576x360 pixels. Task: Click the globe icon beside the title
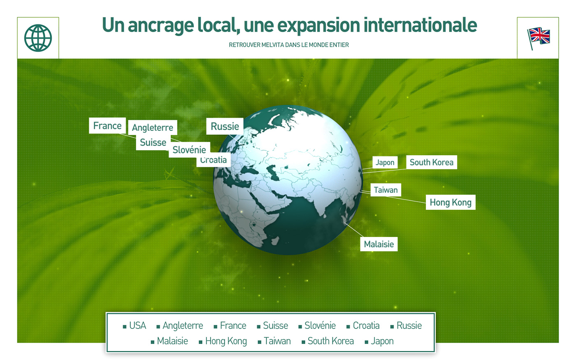tap(38, 38)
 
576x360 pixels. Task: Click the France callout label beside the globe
tap(107, 126)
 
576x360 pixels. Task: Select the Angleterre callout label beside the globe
tap(153, 128)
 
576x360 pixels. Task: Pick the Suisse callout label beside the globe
tap(153, 142)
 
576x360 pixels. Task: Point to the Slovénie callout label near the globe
tap(189, 150)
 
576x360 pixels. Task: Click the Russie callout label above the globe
tap(225, 126)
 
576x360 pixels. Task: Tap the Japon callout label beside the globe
tap(385, 163)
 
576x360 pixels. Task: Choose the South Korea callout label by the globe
tap(431, 163)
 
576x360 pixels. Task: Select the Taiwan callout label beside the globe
tap(386, 190)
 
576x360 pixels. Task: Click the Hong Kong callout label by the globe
tap(451, 202)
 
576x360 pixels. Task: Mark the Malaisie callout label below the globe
tap(379, 244)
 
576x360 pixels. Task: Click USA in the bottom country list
tap(137, 326)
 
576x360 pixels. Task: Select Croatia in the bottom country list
tap(366, 326)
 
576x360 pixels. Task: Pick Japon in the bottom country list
tap(382, 341)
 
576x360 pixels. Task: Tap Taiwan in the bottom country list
tap(277, 341)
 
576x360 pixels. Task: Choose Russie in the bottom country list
tap(409, 326)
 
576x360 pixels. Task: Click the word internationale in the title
tap(420, 26)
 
